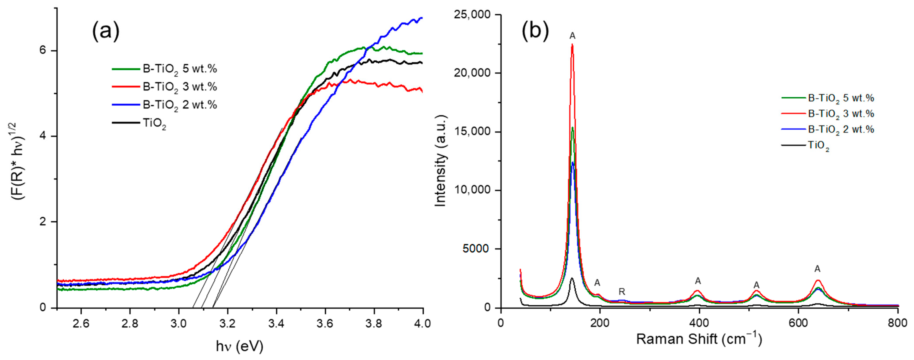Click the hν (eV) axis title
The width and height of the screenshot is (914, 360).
(240, 346)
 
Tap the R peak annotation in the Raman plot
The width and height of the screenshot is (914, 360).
(622, 292)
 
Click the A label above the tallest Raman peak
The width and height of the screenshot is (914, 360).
(572, 36)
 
